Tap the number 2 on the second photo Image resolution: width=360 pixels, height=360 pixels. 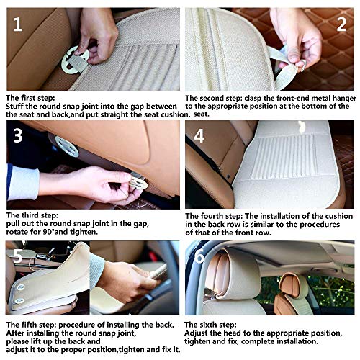341,24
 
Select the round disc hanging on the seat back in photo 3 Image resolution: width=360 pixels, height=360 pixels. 66,146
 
